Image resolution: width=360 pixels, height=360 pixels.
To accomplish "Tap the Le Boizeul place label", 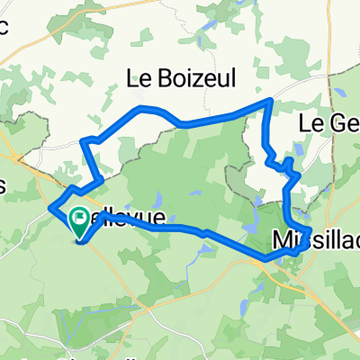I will pyautogui.click(x=184, y=79).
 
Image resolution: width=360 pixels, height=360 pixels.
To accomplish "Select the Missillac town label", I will pyautogui.click(x=315, y=238).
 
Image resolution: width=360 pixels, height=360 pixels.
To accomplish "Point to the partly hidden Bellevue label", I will pyautogui.click(x=126, y=219).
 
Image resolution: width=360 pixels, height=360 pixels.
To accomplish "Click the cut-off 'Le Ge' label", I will pyautogui.click(x=328, y=121).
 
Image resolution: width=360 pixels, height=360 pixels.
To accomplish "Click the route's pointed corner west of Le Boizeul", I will pyautogui.click(x=84, y=141).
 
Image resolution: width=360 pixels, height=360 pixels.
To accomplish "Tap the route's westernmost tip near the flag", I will pyautogui.click(x=49, y=207).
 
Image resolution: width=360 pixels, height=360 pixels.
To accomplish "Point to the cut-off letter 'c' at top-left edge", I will pyautogui.click(x=4, y=26).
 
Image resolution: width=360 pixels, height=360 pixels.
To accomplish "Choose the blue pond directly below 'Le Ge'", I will pyautogui.click(x=299, y=149).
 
